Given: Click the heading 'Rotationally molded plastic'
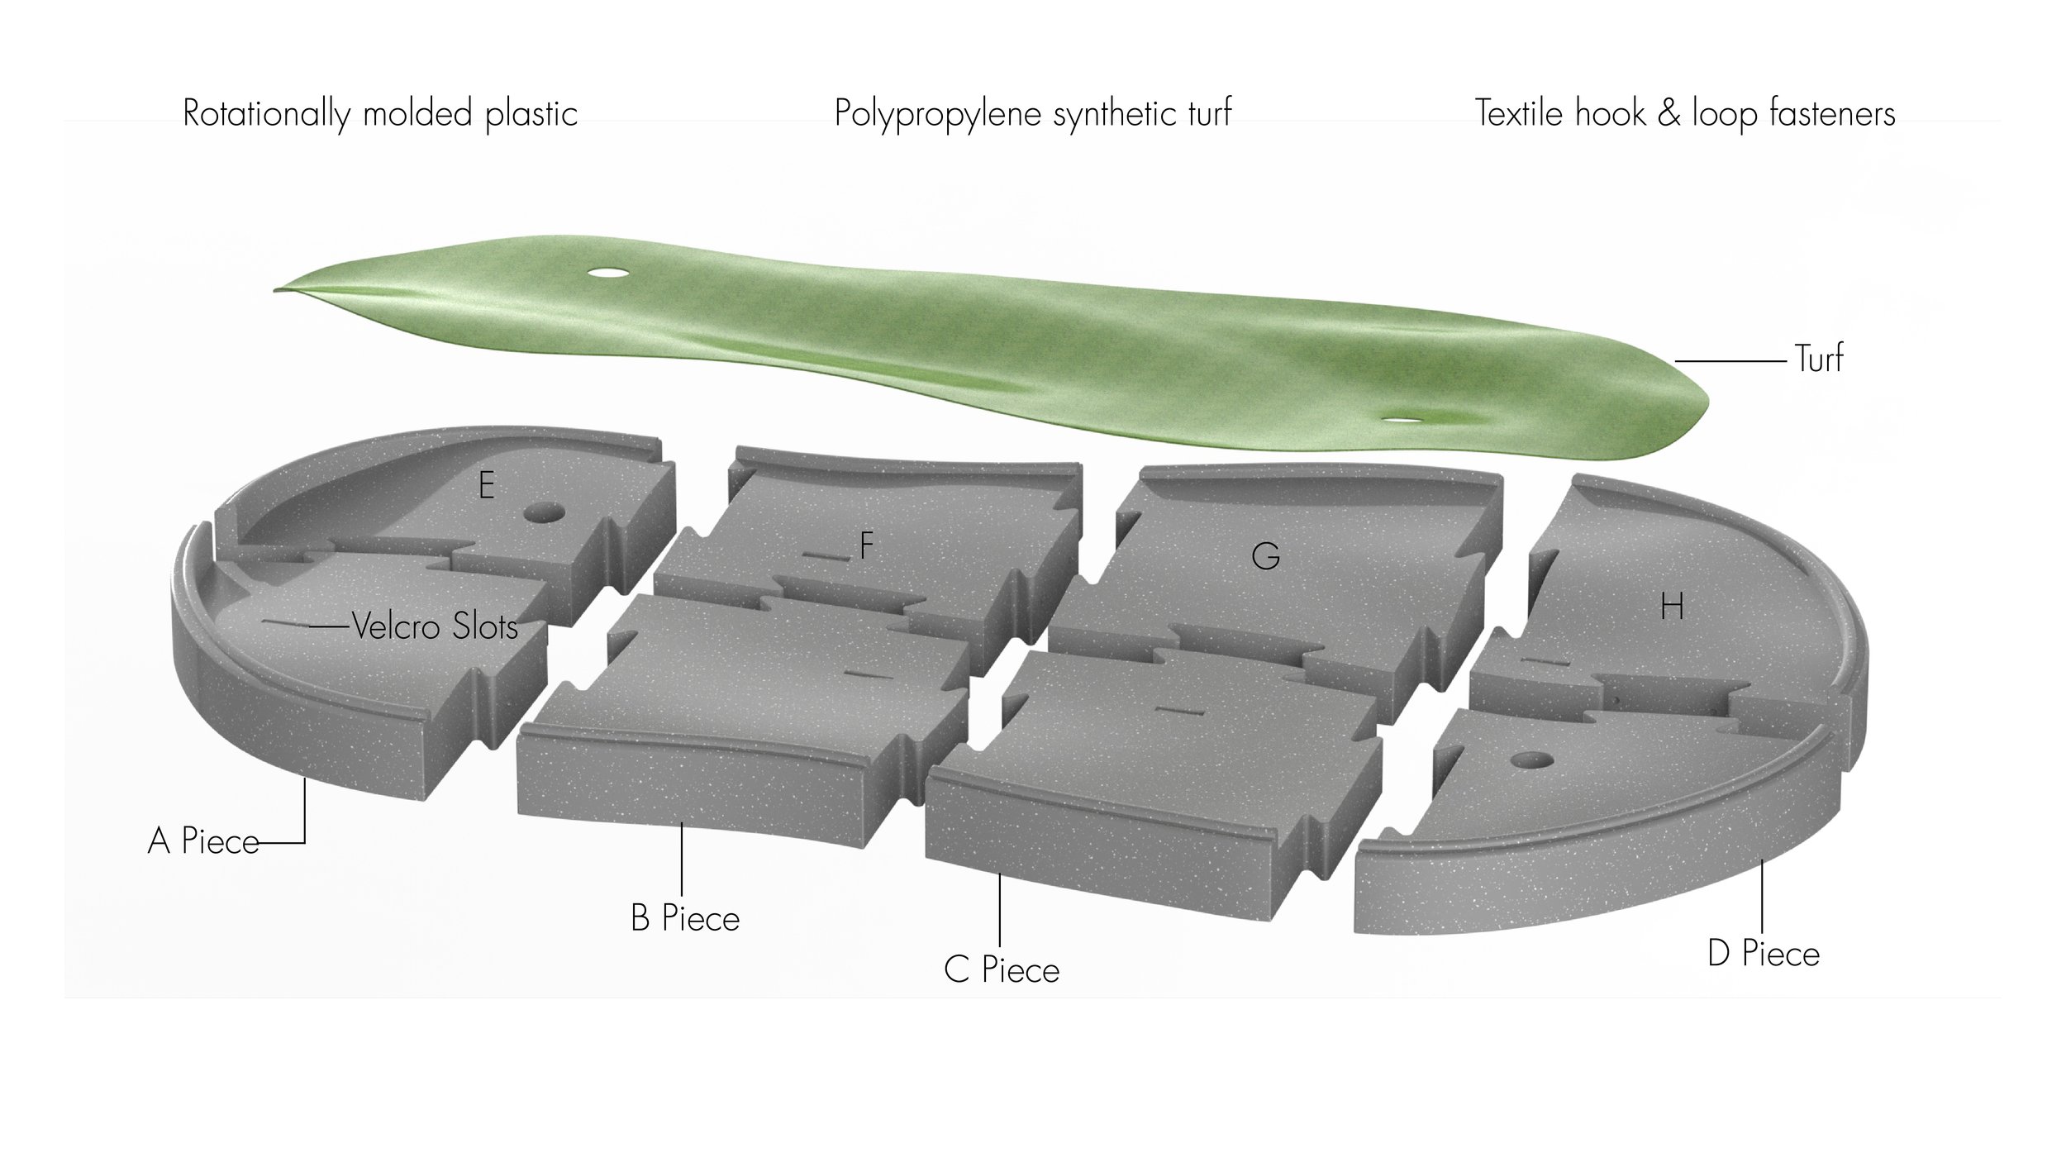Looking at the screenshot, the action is (379, 113).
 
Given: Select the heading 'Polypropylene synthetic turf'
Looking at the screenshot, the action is (1032, 113).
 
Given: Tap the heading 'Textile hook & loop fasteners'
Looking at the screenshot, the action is (1685, 113).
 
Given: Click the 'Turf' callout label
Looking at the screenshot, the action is (1818, 359).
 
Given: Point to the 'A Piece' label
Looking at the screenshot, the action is (203, 841).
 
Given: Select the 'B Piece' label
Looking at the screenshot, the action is (685, 918).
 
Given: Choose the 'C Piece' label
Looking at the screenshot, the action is (1002, 969).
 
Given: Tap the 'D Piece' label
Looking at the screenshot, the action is (1764, 954).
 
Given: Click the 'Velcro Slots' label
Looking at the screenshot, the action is (435, 626).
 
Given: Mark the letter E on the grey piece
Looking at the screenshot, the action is (487, 485).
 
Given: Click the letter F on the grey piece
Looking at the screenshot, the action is (866, 545).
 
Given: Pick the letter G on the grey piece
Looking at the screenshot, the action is (1265, 556).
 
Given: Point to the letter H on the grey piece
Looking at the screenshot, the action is (1672, 608).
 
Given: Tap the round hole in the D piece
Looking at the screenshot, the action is (1530, 759).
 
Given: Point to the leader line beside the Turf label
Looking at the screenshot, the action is (1730, 361).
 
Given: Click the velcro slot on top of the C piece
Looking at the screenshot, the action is (1173, 710).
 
